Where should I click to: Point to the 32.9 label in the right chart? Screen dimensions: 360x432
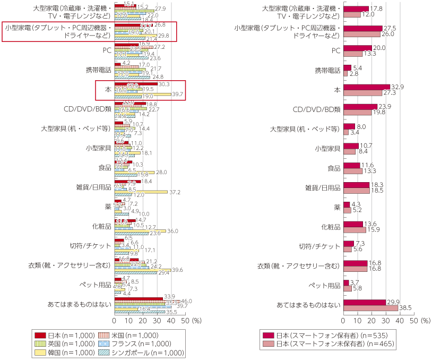[397, 86]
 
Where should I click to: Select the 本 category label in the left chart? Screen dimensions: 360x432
[107, 91]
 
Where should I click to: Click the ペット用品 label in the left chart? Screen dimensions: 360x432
[97, 285]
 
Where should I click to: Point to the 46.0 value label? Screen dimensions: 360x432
[187, 301]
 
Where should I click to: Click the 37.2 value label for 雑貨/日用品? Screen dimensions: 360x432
[175, 192]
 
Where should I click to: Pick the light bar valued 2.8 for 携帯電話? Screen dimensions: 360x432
[345, 73]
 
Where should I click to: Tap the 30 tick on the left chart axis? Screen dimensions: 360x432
[157, 321]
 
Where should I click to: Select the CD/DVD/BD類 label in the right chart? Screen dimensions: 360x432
[317, 109]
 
